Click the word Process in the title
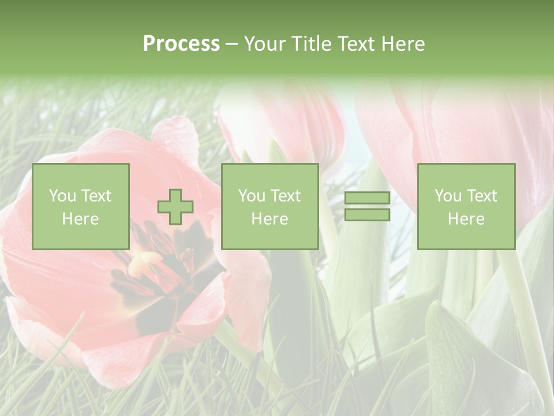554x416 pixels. tap(181, 44)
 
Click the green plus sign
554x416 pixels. tap(175, 206)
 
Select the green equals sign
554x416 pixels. tap(367, 206)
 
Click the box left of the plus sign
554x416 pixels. tap(81, 206)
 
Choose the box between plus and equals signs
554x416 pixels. tap(269, 206)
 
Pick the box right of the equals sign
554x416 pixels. tap(466, 206)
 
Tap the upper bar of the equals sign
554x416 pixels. tap(367, 198)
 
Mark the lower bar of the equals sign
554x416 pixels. tap(367, 215)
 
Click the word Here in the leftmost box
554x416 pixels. tap(80, 219)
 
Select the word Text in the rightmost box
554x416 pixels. tap(482, 196)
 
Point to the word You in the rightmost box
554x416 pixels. tap(448, 196)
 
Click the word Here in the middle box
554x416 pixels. tap(269, 219)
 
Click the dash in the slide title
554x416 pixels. tap(231, 44)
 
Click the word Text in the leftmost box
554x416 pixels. tap(97, 196)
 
